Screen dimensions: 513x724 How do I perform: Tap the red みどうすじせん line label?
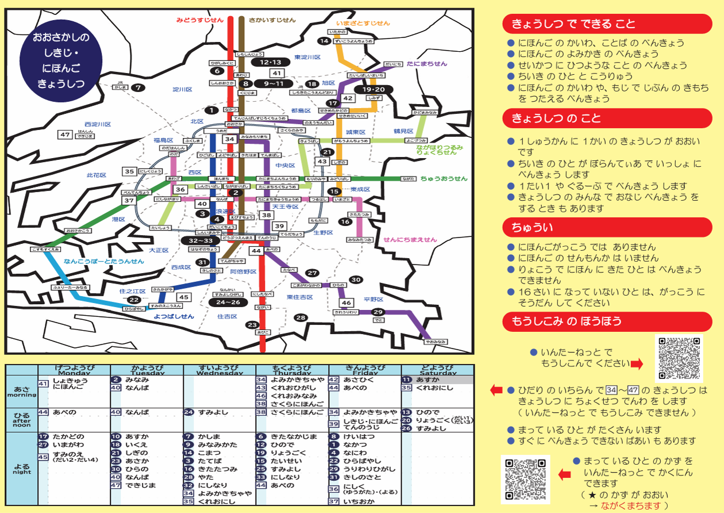[199, 20]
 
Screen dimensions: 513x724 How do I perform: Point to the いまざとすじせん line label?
[363, 23]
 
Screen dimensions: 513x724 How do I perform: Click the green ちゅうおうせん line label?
[444, 179]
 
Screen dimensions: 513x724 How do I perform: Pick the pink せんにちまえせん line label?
[410, 240]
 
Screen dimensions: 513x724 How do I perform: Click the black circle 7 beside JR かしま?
[137, 88]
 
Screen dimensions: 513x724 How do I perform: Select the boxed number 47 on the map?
[65, 135]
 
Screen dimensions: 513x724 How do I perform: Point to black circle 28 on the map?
[301, 317]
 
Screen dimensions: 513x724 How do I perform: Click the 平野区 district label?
[374, 299]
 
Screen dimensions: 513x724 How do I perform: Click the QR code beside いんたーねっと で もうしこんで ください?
[679, 358]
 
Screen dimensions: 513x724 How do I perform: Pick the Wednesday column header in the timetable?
[220, 370]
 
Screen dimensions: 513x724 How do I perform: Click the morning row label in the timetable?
[21, 392]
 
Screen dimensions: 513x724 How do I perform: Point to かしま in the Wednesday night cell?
[209, 437]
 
